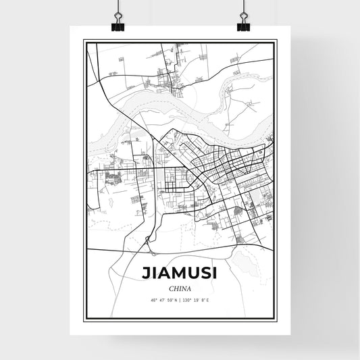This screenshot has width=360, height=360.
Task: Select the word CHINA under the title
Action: pyautogui.click(x=180, y=288)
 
